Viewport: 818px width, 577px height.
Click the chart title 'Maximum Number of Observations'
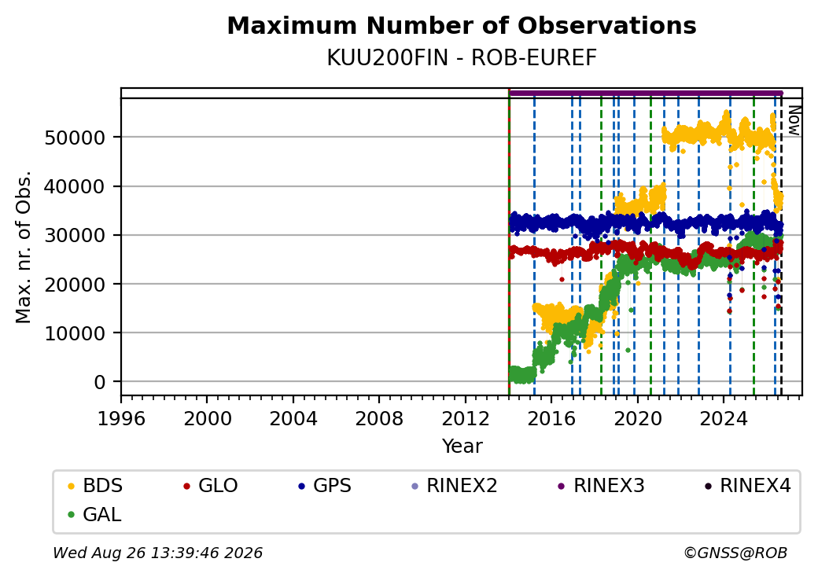pos(462,25)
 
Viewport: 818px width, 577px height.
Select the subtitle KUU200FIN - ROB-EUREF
pos(462,58)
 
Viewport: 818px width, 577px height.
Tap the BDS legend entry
pos(95,486)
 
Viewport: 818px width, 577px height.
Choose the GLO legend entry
pos(211,486)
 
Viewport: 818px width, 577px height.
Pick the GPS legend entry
pos(325,486)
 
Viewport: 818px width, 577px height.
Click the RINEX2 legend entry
pos(455,486)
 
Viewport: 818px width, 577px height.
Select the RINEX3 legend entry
pos(602,486)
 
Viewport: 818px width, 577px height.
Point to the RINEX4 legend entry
pos(748,486)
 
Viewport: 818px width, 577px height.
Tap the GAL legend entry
pos(95,514)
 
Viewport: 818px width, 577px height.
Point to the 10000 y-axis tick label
pos(76,333)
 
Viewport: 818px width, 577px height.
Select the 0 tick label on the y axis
pos(100,383)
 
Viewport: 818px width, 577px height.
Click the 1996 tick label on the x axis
pos(122,418)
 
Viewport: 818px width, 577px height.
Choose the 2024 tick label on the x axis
pos(723,418)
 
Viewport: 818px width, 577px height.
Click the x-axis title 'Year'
pos(462,447)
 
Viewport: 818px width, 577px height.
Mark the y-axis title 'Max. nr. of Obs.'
pos(24,247)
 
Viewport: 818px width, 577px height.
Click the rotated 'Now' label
pos(794,120)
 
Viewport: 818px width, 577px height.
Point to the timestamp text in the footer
pos(158,553)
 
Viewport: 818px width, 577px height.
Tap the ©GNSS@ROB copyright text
pos(735,553)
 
